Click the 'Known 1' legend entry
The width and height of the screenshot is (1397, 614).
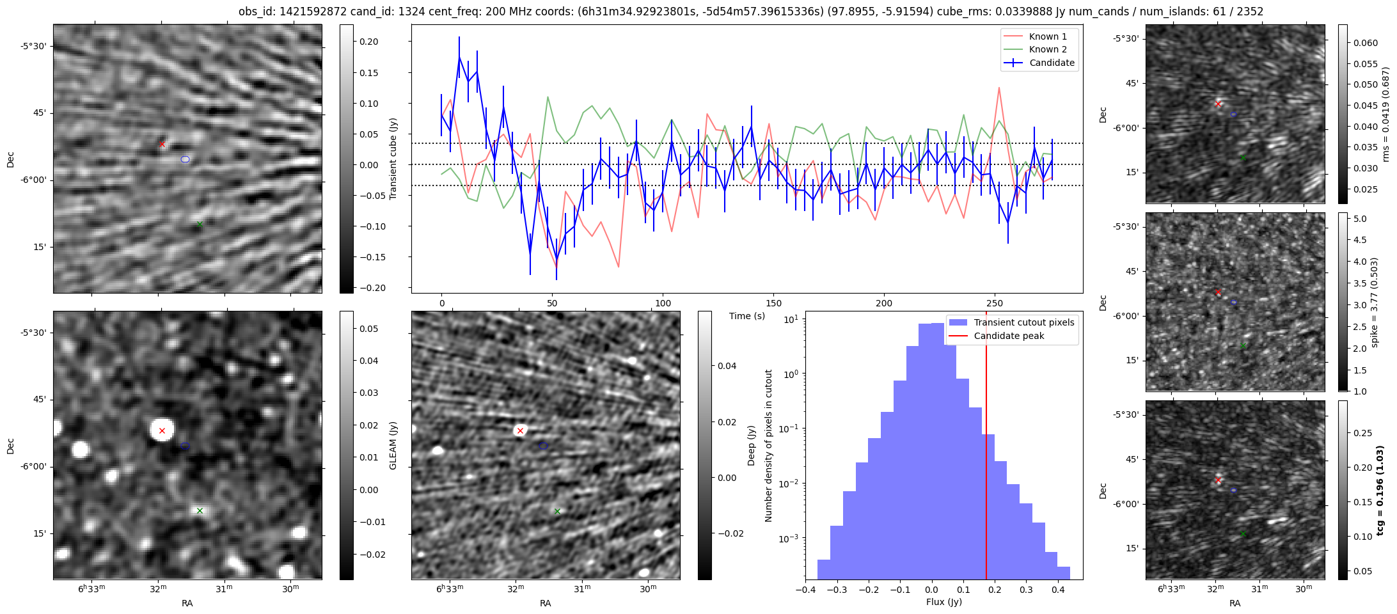coord(1047,36)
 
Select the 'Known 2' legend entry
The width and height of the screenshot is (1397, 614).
coord(1047,49)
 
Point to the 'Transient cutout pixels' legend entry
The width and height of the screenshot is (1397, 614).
coord(1023,322)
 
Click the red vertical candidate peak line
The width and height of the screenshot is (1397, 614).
coord(986,448)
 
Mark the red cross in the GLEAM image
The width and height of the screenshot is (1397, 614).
coord(162,430)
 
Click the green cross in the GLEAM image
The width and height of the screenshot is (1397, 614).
coord(200,510)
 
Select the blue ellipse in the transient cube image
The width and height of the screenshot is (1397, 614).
coord(185,159)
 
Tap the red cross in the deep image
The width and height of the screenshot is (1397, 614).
coord(520,430)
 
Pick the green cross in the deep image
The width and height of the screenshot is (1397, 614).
coord(557,511)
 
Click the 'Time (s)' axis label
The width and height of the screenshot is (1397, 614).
coord(747,316)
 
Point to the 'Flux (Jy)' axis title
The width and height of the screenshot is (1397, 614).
coord(943,602)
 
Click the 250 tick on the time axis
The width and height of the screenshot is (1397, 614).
coord(995,303)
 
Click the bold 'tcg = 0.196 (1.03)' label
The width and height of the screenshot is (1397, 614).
coord(1380,491)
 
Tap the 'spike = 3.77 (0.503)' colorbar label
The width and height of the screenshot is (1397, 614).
coord(1380,302)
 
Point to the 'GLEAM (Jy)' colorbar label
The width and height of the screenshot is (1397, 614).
coord(393,445)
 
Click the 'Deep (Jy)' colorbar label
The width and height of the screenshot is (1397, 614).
coord(752,445)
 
